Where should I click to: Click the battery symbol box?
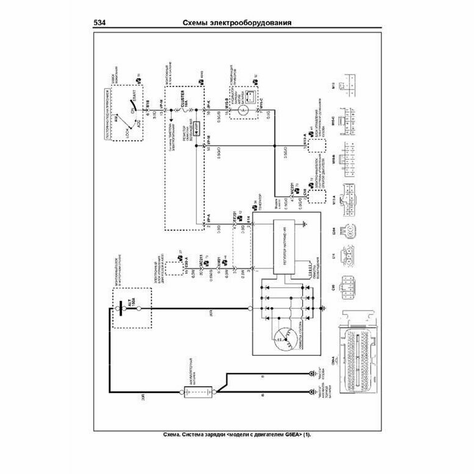pyautogui.click(x=197, y=392)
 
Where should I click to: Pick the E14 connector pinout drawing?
pyautogui.click(x=352, y=254)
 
